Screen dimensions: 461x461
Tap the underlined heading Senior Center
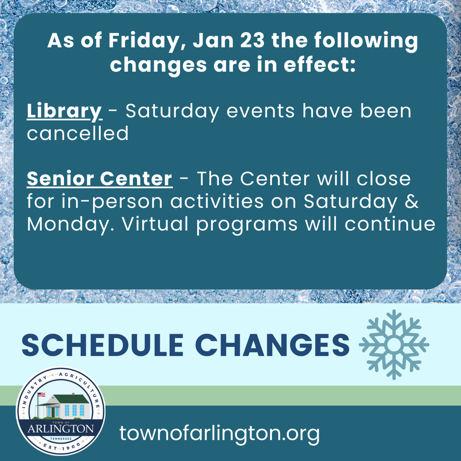(x=99, y=179)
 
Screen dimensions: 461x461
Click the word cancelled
(x=77, y=133)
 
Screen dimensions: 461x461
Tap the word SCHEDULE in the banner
(x=102, y=345)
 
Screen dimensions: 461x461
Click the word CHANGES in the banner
(x=273, y=345)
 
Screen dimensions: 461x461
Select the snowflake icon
(x=393, y=344)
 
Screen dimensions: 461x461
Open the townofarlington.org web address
(x=220, y=434)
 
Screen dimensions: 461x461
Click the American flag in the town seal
(x=41, y=395)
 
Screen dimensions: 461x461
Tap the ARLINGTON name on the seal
(x=60, y=428)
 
